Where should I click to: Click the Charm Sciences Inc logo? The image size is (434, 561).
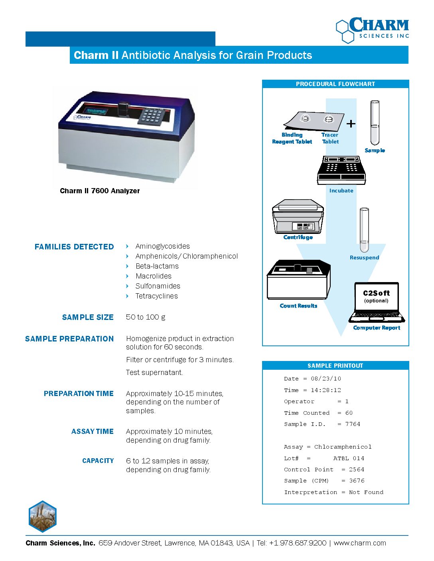[373, 30]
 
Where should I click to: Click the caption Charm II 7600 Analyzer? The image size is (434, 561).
[100, 191]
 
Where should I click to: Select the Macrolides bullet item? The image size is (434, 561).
[153, 276]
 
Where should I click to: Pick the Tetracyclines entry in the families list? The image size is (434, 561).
[156, 296]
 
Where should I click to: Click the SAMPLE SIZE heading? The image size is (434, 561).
[88, 318]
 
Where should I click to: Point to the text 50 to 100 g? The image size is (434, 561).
[146, 317]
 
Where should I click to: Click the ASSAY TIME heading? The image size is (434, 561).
[93, 432]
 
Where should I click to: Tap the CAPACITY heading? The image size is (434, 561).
[98, 461]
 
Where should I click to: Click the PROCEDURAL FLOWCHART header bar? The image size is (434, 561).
[335, 84]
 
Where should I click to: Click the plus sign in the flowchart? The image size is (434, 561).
[351, 124]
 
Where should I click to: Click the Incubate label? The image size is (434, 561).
[341, 190]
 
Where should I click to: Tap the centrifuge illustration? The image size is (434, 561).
[298, 217]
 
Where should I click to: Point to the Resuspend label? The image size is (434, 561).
[364, 257]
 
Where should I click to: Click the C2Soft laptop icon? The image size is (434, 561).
[377, 302]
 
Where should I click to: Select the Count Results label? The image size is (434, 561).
[298, 306]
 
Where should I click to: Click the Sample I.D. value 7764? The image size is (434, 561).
[353, 424]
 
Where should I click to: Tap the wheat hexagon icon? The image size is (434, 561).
[43, 516]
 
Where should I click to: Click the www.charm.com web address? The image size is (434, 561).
[360, 543]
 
